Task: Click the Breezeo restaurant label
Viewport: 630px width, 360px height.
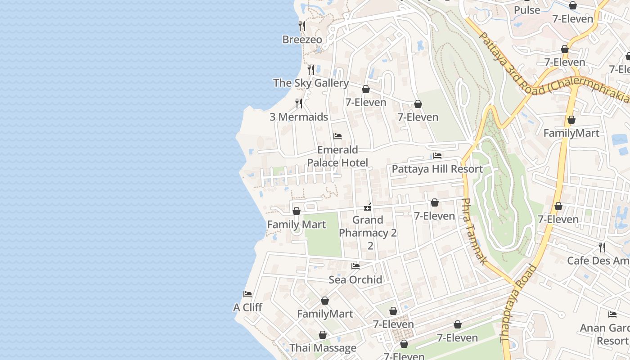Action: [302, 40]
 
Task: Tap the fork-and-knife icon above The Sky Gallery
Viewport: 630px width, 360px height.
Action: [311, 69]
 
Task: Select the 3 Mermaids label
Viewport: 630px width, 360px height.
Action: [299, 117]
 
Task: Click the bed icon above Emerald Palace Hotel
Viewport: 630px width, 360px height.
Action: [337, 136]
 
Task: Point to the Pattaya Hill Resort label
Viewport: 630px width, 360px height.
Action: [437, 169]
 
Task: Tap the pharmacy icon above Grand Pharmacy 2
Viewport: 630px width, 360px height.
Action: [368, 207]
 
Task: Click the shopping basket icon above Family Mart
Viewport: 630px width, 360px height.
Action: [297, 211]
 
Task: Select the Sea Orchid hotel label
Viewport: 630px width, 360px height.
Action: [355, 279]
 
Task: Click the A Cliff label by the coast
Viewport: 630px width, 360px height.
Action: [247, 307]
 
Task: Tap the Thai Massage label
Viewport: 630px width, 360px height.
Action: [323, 348]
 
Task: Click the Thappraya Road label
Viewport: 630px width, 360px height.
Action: [518, 310]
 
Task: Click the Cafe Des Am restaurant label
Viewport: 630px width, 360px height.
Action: [598, 261]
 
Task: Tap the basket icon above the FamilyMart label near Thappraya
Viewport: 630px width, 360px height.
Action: [571, 120]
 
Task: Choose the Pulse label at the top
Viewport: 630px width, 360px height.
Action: [526, 10]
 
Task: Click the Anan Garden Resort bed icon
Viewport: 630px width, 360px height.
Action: [612, 315]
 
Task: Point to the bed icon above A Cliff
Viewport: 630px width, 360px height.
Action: [247, 294]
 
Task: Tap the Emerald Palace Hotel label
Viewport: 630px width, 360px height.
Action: [337, 156]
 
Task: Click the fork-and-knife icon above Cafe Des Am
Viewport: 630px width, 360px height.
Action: [602, 247]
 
